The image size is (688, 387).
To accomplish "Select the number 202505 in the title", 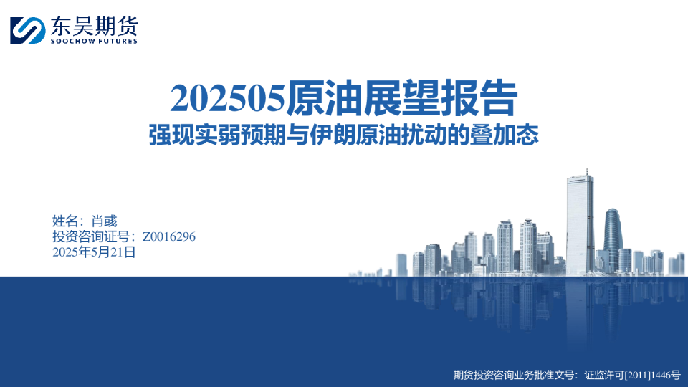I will click(227, 100).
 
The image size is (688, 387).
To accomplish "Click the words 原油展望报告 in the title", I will click(401, 99).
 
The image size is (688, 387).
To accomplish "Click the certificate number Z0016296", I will click(169, 236).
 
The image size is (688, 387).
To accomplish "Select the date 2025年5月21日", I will click(94, 252).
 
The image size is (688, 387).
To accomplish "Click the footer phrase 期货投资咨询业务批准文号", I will click(513, 374).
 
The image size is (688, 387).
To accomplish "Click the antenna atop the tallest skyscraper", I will click(586, 173).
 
